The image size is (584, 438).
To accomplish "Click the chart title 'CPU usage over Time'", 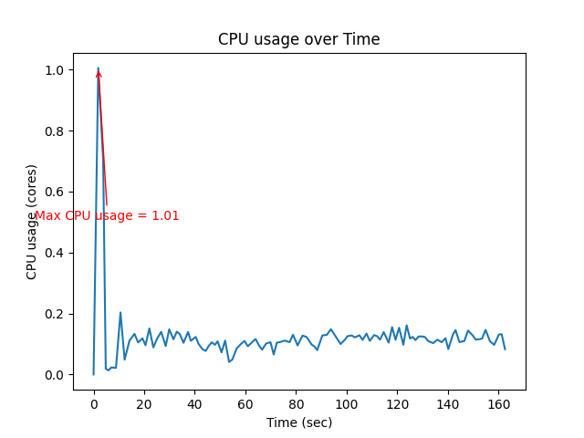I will (298, 39).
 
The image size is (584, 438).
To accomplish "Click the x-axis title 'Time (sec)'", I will (298, 422).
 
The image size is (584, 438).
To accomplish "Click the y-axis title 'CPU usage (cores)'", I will (32, 222).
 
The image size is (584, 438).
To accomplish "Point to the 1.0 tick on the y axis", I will (55, 70).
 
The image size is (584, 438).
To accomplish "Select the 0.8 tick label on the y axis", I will (55, 131).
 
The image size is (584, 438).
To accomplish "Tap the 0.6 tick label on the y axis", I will (55, 193).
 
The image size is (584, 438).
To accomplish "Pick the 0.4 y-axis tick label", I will (55, 253).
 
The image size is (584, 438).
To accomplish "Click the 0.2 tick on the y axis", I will (55, 314).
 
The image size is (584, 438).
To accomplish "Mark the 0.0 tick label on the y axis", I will (55, 375).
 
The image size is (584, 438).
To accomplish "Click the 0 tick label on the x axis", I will (94, 404).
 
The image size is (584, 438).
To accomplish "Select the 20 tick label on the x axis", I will (144, 404).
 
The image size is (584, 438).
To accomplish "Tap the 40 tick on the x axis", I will (194, 404).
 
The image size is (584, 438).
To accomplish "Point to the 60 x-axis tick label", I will (245, 404).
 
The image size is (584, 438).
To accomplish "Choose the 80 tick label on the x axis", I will (296, 404).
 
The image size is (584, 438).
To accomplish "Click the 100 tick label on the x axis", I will (346, 404).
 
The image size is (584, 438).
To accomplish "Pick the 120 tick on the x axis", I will (397, 404).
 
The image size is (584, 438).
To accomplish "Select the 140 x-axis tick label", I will (447, 404).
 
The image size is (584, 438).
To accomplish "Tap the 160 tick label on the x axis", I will (497, 404).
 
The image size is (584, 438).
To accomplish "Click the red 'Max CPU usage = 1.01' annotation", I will (107, 216).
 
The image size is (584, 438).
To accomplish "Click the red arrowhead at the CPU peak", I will (99, 74).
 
